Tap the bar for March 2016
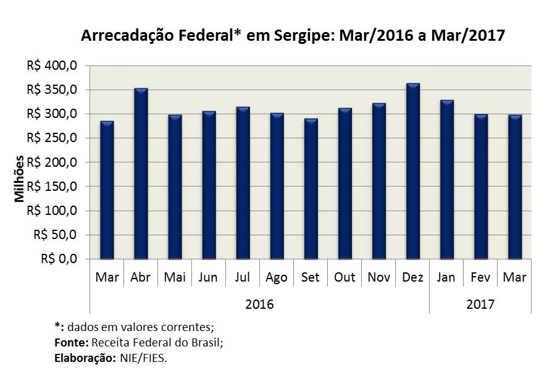pyautogui.click(x=107, y=190)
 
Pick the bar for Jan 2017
pyautogui.click(x=446, y=180)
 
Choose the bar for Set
pyautogui.click(x=311, y=189)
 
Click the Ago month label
pyautogui.click(x=277, y=278)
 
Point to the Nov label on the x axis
pyautogui.click(x=378, y=278)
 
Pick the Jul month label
pyautogui.click(x=243, y=278)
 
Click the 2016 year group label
pyautogui.click(x=259, y=304)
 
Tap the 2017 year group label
pyautogui.click(x=480, y=304)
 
